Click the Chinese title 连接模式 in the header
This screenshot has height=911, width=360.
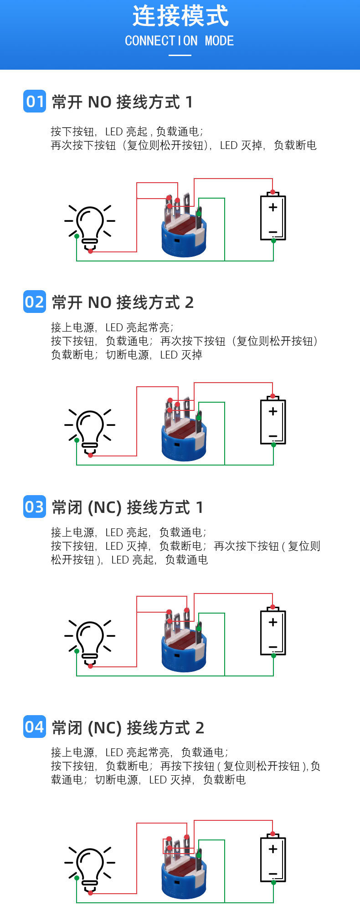coord(180,16)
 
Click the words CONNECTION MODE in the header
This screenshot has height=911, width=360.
coord(180,41)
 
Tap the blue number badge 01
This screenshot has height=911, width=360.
coord(35,101)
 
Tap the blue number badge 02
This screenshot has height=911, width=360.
coord(35,302)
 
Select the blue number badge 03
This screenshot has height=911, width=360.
coord(35,507)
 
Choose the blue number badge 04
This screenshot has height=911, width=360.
coord(35,727)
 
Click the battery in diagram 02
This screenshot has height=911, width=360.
coord(273,421)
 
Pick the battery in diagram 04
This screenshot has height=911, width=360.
coord(273,859)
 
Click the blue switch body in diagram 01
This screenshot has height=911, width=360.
coord(184,239)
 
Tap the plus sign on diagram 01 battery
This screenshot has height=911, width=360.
coord(273,207)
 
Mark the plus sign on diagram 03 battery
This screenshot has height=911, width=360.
coord(273,622)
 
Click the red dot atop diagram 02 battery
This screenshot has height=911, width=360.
coord(273,396)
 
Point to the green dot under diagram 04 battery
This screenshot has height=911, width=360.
coord(273,882)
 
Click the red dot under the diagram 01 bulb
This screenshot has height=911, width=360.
coord(90,251)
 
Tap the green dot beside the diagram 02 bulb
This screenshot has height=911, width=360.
coord(77,440)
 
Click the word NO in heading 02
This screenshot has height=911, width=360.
coord(99,302)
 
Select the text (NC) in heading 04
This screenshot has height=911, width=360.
coord(104,728)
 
